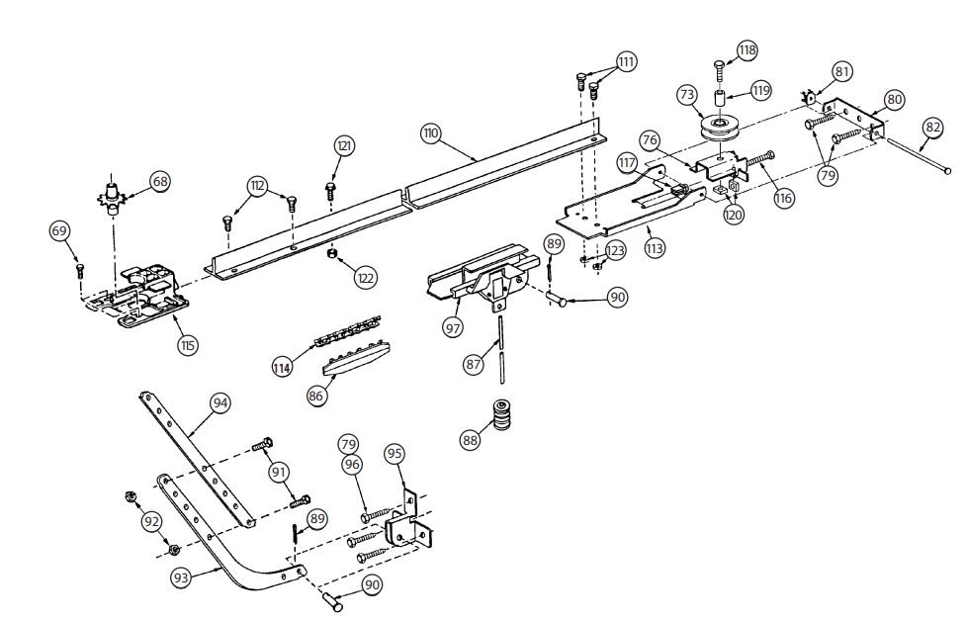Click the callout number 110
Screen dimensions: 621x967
click(x=430, y=133)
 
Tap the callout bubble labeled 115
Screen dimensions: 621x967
click(x=188, y=345)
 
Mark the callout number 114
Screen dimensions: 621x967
click(x=282, y=367)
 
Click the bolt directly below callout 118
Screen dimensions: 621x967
click(x=719, y=70)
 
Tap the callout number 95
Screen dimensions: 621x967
click(x=395, y=453)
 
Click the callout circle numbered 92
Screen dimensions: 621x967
click(x=150, y=521)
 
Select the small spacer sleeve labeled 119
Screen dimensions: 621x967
click(x=721, y=100)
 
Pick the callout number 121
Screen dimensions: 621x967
click(x=343, y=146)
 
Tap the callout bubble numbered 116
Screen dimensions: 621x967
click(x=784, y=199)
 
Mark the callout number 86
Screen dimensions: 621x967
click(x=315, y=395)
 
